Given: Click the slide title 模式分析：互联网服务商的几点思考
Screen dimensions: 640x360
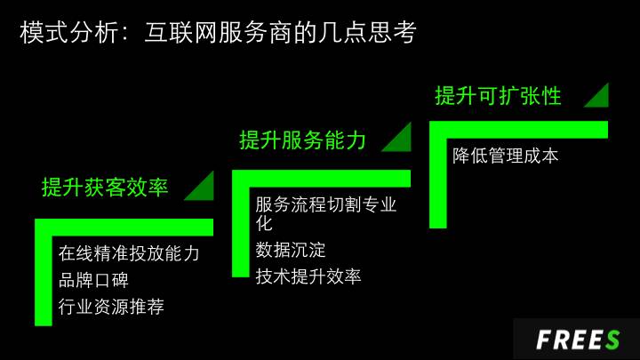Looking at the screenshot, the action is (218, 32).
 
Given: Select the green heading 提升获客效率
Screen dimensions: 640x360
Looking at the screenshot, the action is (105, 188).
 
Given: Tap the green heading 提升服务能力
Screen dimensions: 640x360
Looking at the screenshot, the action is (302, 140).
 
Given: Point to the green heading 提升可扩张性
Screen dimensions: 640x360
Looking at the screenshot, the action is (498, 96).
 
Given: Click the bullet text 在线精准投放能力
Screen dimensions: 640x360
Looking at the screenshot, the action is (129, 253).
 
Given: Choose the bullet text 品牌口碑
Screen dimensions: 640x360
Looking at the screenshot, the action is (93, 280).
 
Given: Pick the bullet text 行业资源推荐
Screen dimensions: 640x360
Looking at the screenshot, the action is (111, 307).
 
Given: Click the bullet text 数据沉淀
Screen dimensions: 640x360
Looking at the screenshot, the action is (291, 250).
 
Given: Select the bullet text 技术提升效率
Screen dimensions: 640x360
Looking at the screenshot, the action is (308, 276).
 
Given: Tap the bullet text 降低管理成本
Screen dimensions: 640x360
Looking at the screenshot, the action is (505, 156).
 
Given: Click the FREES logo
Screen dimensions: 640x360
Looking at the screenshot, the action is (578, 340).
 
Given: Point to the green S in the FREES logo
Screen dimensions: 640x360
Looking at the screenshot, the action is (612, 340).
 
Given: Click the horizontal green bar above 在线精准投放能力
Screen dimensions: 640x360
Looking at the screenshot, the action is (124, 228).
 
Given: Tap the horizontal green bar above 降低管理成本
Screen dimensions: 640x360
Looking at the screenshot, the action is (519, 130).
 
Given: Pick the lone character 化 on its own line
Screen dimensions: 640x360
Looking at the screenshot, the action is (264, 223).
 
